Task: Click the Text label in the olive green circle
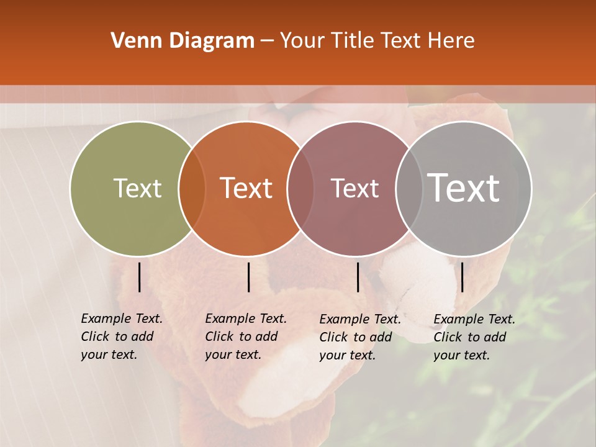tap(137, 188)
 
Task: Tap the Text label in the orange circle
tap(246, 188)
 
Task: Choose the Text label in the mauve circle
tap(354, 188)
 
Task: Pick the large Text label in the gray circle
tap(464, 188)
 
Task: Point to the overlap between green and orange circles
tap(192, 188)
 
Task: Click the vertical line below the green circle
tap(140, 277)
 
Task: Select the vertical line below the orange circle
tap(248, 277)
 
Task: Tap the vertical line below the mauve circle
tap(358, 277)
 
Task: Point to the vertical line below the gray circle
tap(463, 277)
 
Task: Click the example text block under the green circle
tap(121, 336)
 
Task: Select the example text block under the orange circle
tap(245, 336)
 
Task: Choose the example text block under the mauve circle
tap(359, 337)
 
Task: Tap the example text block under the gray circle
tap(474, 337)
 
